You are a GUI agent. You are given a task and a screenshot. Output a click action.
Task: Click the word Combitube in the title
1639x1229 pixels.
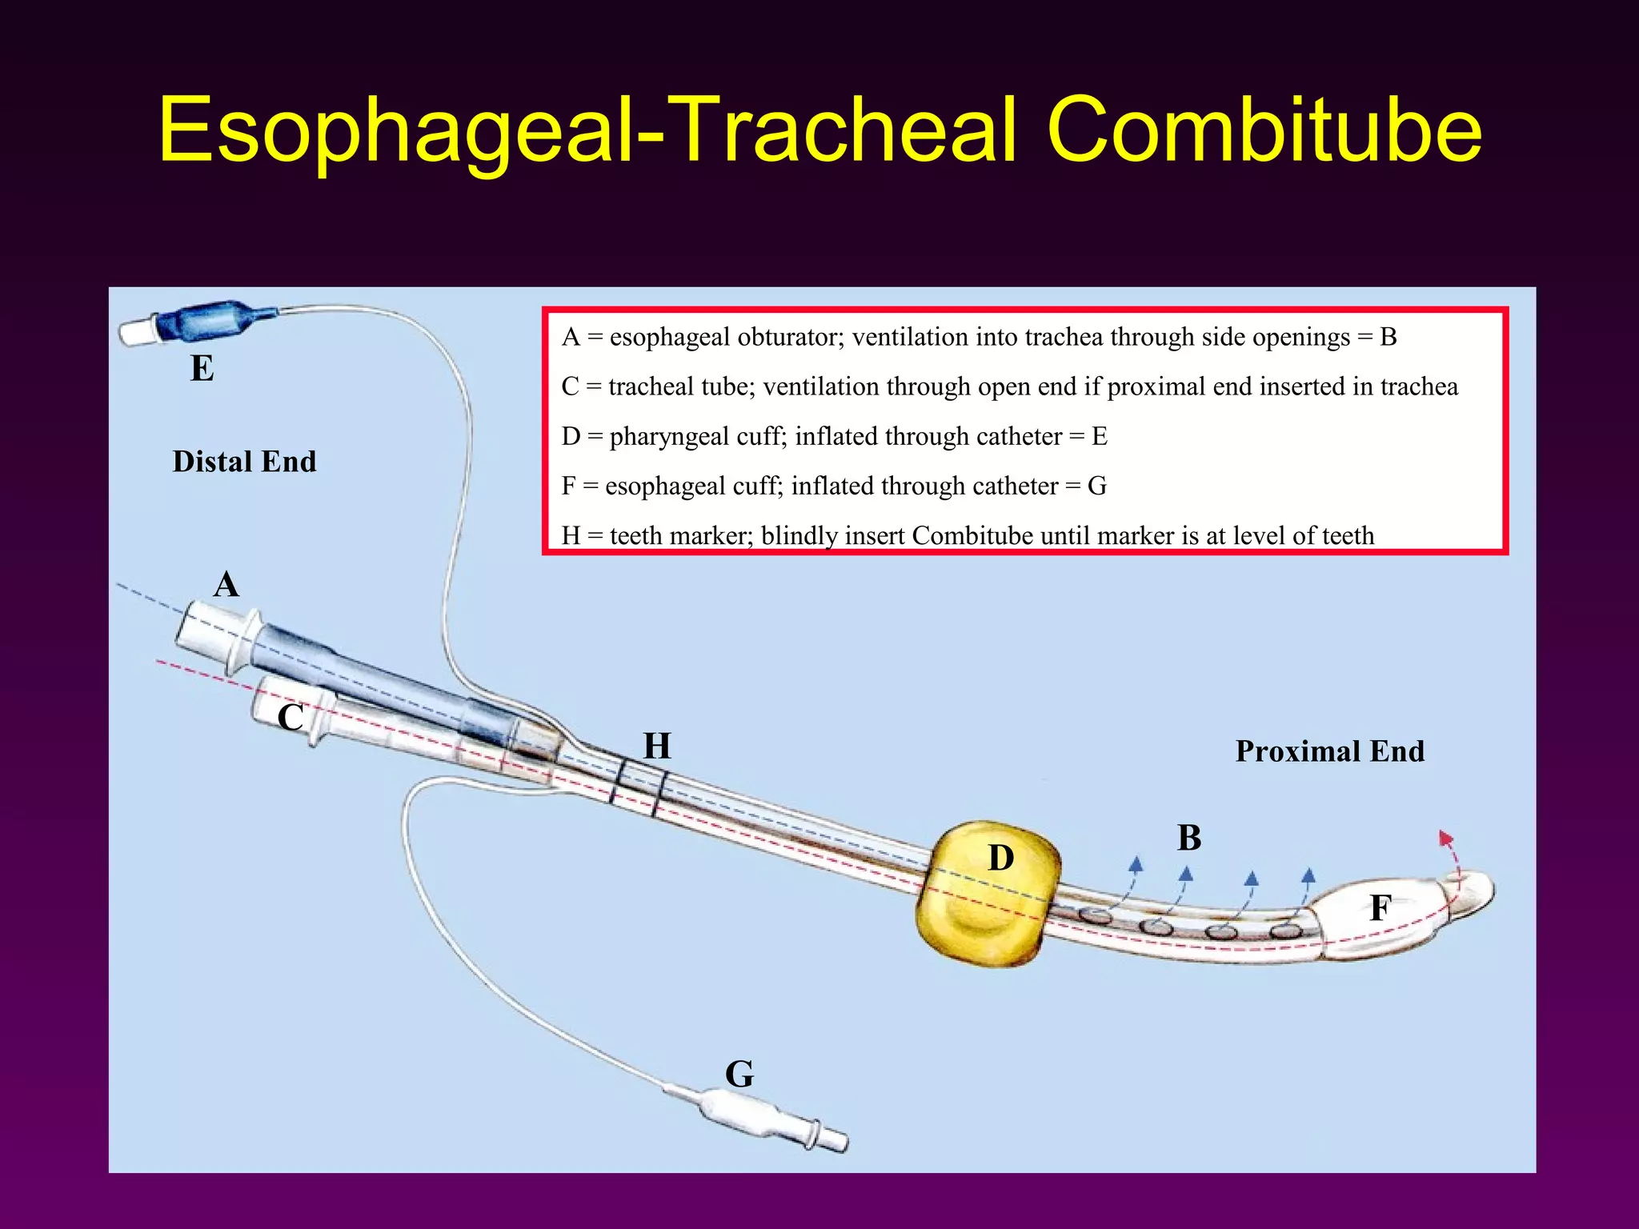click(x=1264, y=130)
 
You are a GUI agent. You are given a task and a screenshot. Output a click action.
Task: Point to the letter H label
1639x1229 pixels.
click(x=657, y=746)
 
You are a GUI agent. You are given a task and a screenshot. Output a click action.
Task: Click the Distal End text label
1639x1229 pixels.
click(x=244, y=462)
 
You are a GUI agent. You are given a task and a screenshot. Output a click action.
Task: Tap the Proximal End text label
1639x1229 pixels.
click(x=1329, y=751)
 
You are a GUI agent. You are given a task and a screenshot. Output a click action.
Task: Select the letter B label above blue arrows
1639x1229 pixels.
click(x=1189, y=838)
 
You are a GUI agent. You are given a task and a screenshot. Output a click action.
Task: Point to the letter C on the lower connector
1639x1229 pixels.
click(x=290, y=718)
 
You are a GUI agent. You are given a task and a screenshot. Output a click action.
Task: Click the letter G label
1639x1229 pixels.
click(x=739, y=1074)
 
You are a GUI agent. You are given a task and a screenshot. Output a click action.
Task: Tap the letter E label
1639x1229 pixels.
click(x=202, y=369)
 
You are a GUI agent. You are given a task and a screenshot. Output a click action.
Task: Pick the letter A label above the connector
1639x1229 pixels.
click(x=226, y=584)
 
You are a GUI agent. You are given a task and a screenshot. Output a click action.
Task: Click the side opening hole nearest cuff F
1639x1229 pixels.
click(x=1284, y=931)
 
